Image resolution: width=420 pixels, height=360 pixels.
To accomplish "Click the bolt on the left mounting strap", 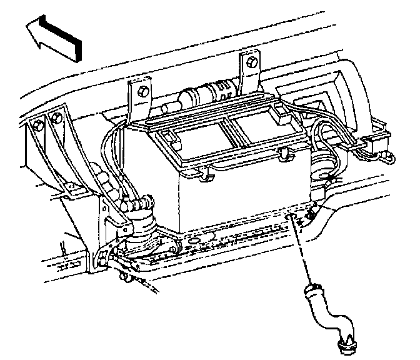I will coord(143,91).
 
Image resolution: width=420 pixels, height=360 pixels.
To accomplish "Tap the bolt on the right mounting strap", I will coord(251,62).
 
